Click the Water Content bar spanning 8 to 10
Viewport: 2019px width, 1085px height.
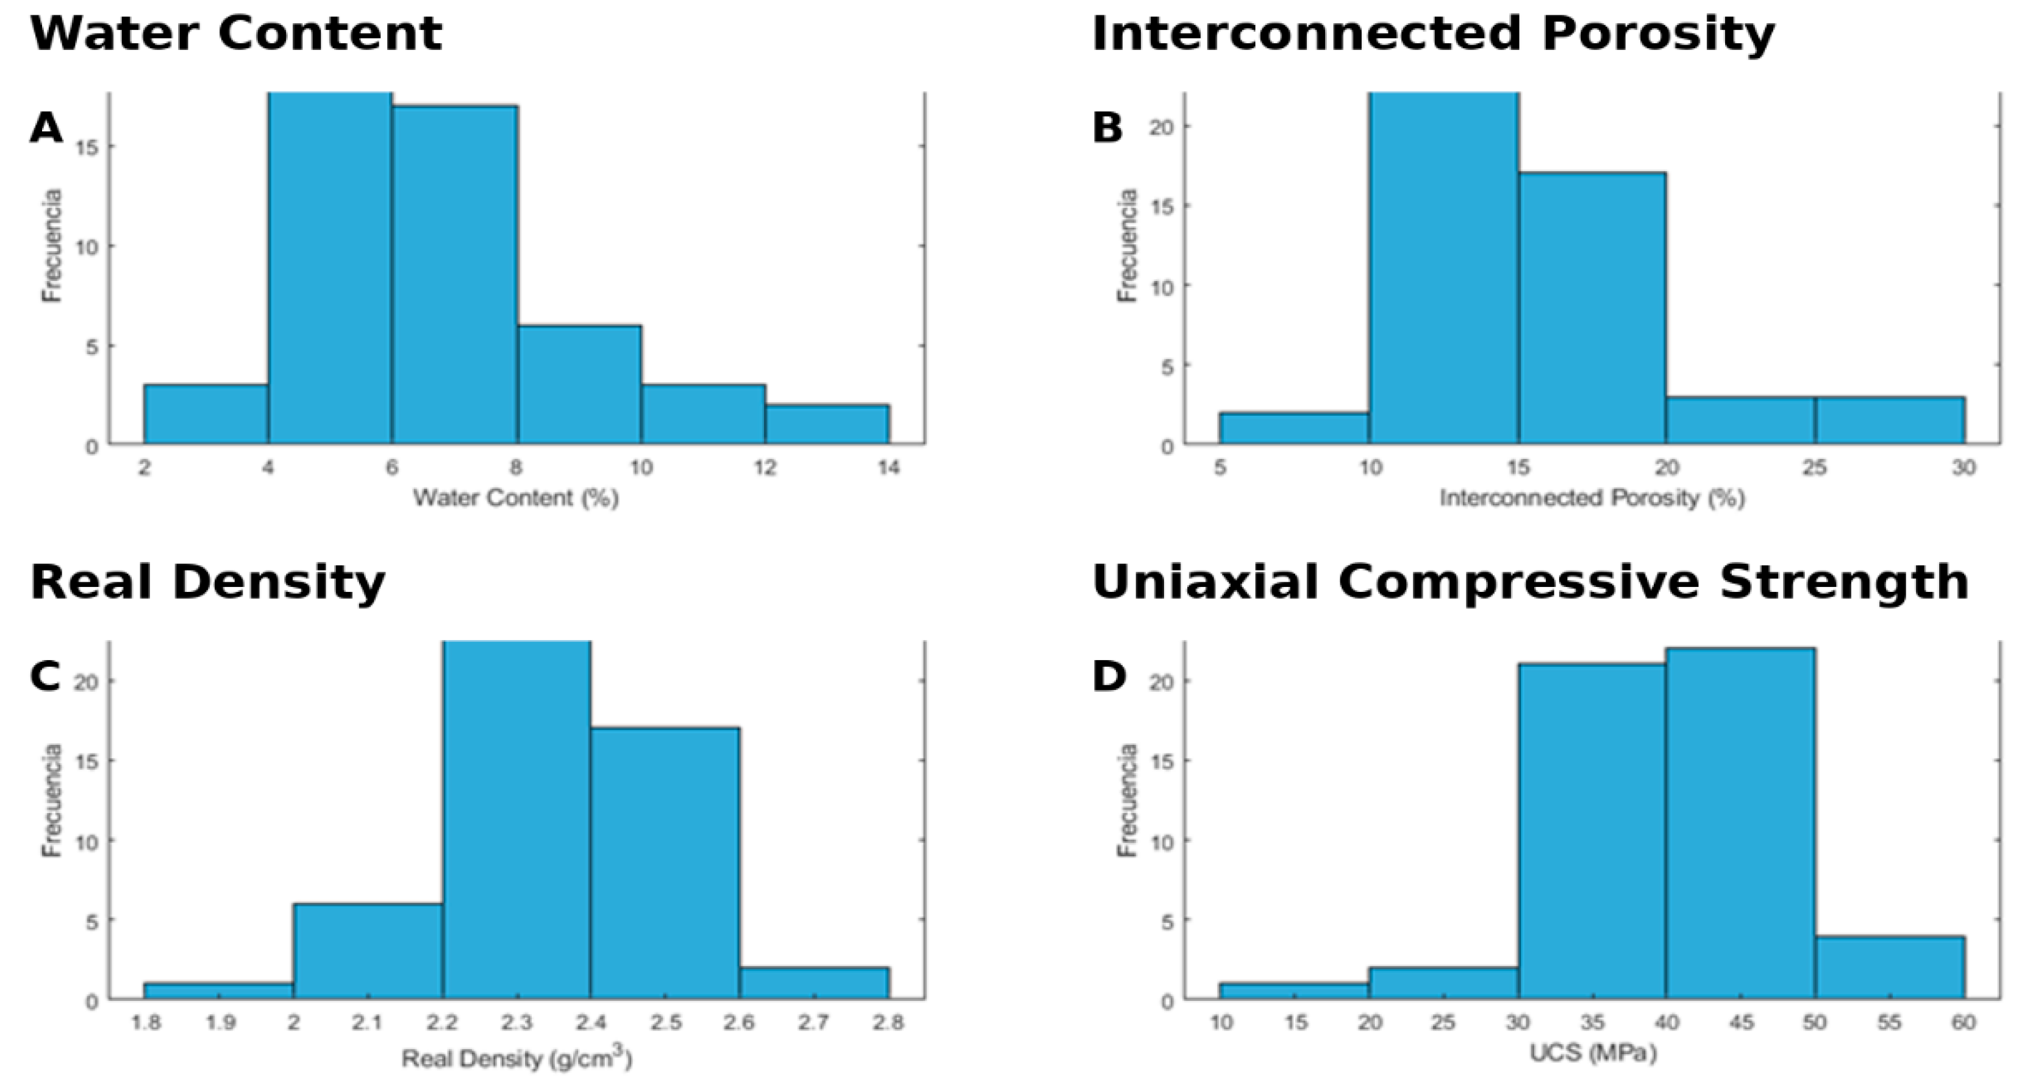(579, 385)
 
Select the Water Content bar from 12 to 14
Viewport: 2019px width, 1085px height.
(827, 425)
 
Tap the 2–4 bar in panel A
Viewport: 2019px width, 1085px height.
(206, 414)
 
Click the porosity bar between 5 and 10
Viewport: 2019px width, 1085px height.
(1294, 429)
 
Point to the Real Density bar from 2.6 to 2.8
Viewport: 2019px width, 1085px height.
(813, 983)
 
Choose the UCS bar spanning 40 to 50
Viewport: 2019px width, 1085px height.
(1740, 822)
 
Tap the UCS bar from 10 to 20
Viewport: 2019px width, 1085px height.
(1294, 991)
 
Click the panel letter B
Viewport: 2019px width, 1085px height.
(1107, 127)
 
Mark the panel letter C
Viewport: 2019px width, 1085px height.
(45, 676)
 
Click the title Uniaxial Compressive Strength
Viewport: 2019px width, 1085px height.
(1530, 583)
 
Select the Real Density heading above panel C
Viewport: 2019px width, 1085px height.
(208, 583)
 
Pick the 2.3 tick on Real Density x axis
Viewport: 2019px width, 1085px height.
(516, 1022)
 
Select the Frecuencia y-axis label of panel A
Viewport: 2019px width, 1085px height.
(52, 246)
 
